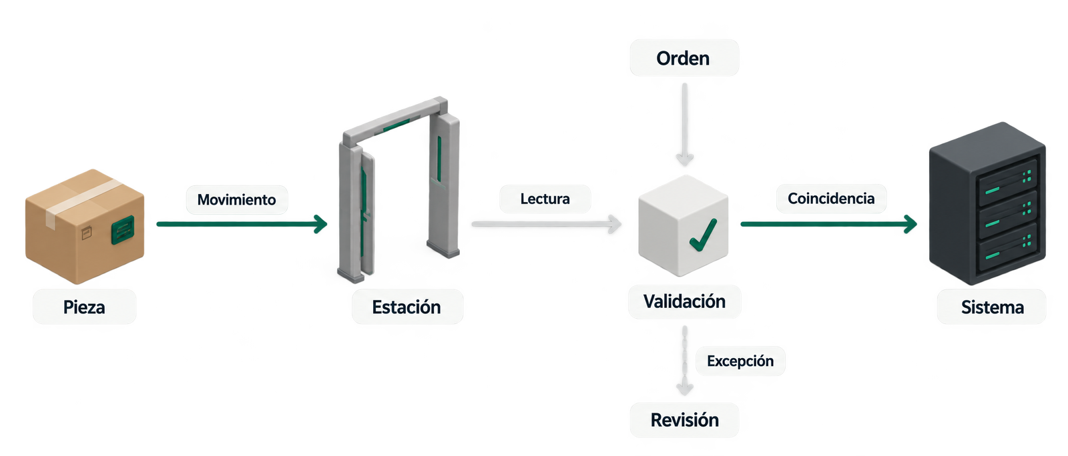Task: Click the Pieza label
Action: point(84,307)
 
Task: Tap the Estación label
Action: point(407,307)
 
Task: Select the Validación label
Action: point(684,301)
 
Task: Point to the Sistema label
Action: point(992,307)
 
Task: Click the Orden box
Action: point(684,58)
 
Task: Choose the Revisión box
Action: point(684,420)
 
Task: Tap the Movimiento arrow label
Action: point(237,199)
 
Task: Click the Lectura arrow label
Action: point(545,199)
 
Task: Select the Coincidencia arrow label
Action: point(831,199)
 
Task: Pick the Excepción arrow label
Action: point(740,361)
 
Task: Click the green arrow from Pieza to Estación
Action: point(242,224)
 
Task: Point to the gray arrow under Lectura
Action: point(547,224)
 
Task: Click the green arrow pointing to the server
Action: point(828,224)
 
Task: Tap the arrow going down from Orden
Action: point(685,124)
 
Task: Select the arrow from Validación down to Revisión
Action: point(685,360)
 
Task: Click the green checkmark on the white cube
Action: point(704,235)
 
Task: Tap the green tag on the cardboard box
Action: point(123,230)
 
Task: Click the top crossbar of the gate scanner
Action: point(395,122)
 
